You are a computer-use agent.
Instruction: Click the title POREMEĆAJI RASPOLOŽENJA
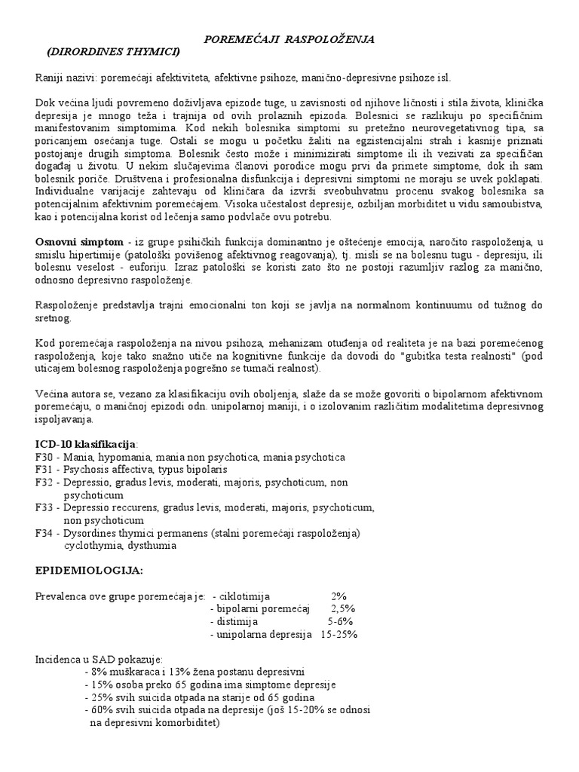click(290, 38)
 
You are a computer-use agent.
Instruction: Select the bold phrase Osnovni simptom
click(79, 240)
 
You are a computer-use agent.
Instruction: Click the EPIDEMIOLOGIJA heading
click(89, 571)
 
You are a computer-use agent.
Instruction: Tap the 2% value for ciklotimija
click(339, 596)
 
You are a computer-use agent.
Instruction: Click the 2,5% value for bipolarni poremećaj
click(342, 609)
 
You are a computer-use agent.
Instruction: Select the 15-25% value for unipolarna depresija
click(339, 635)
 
